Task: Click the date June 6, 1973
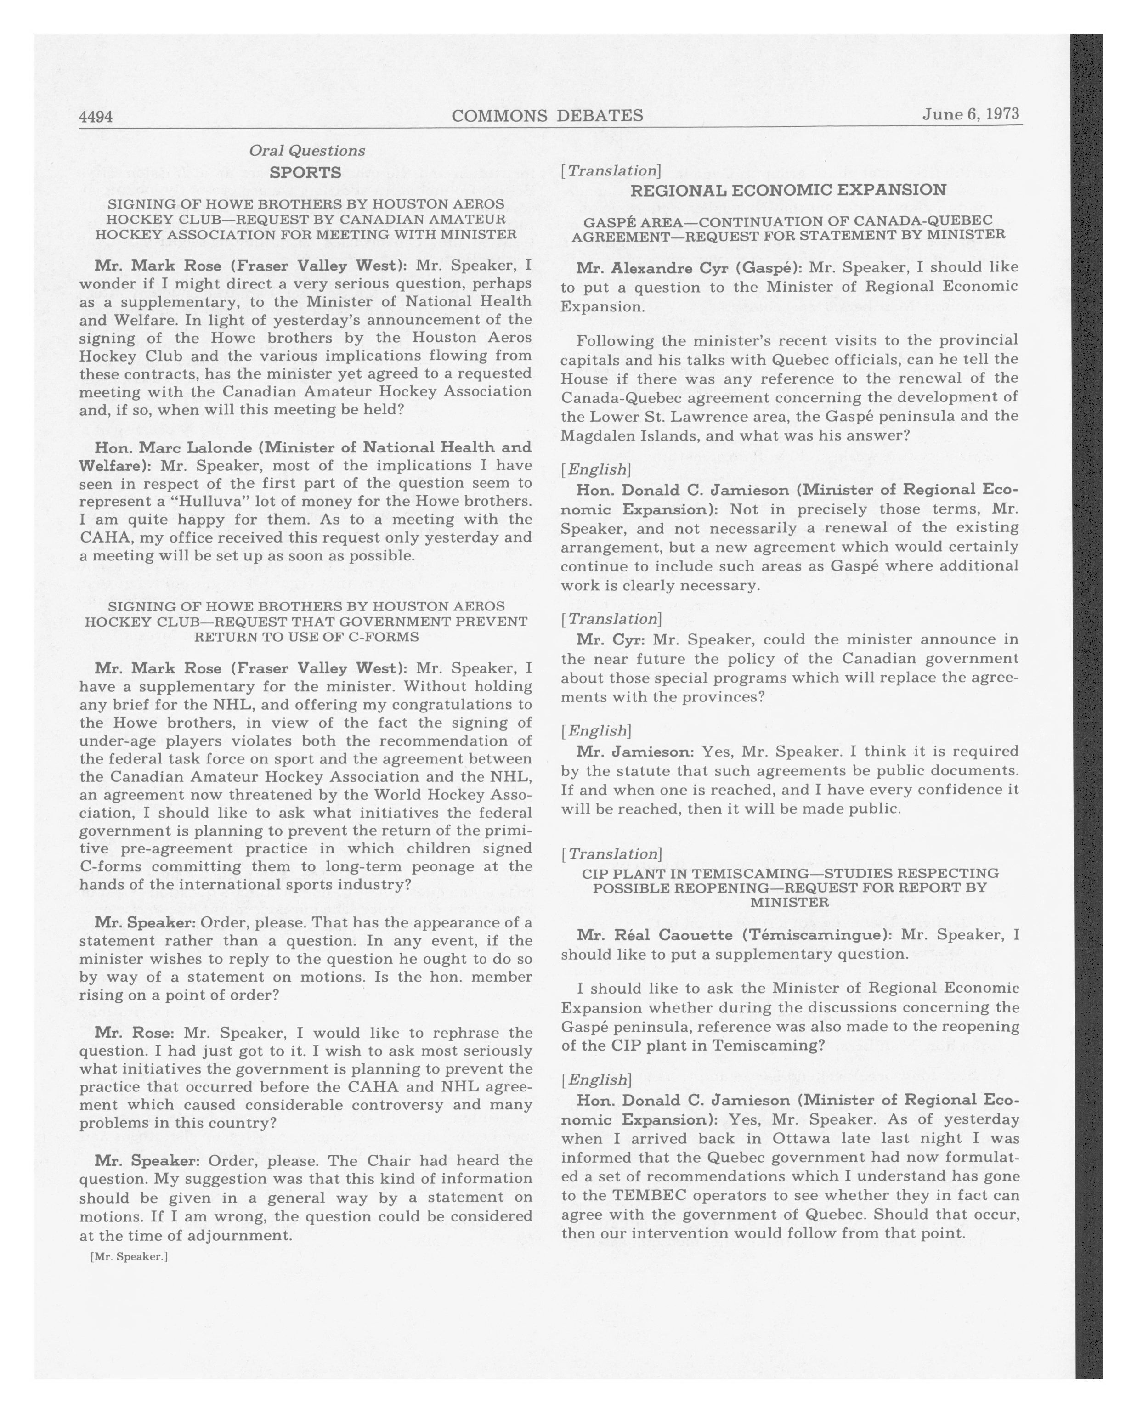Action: [971, 114]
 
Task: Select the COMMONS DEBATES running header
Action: [547, 116]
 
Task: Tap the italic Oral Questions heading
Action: [307, 151]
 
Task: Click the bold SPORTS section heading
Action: [305, 172]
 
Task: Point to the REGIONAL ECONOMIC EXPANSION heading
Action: [788, 190]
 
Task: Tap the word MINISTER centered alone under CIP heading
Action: [789, 903]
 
